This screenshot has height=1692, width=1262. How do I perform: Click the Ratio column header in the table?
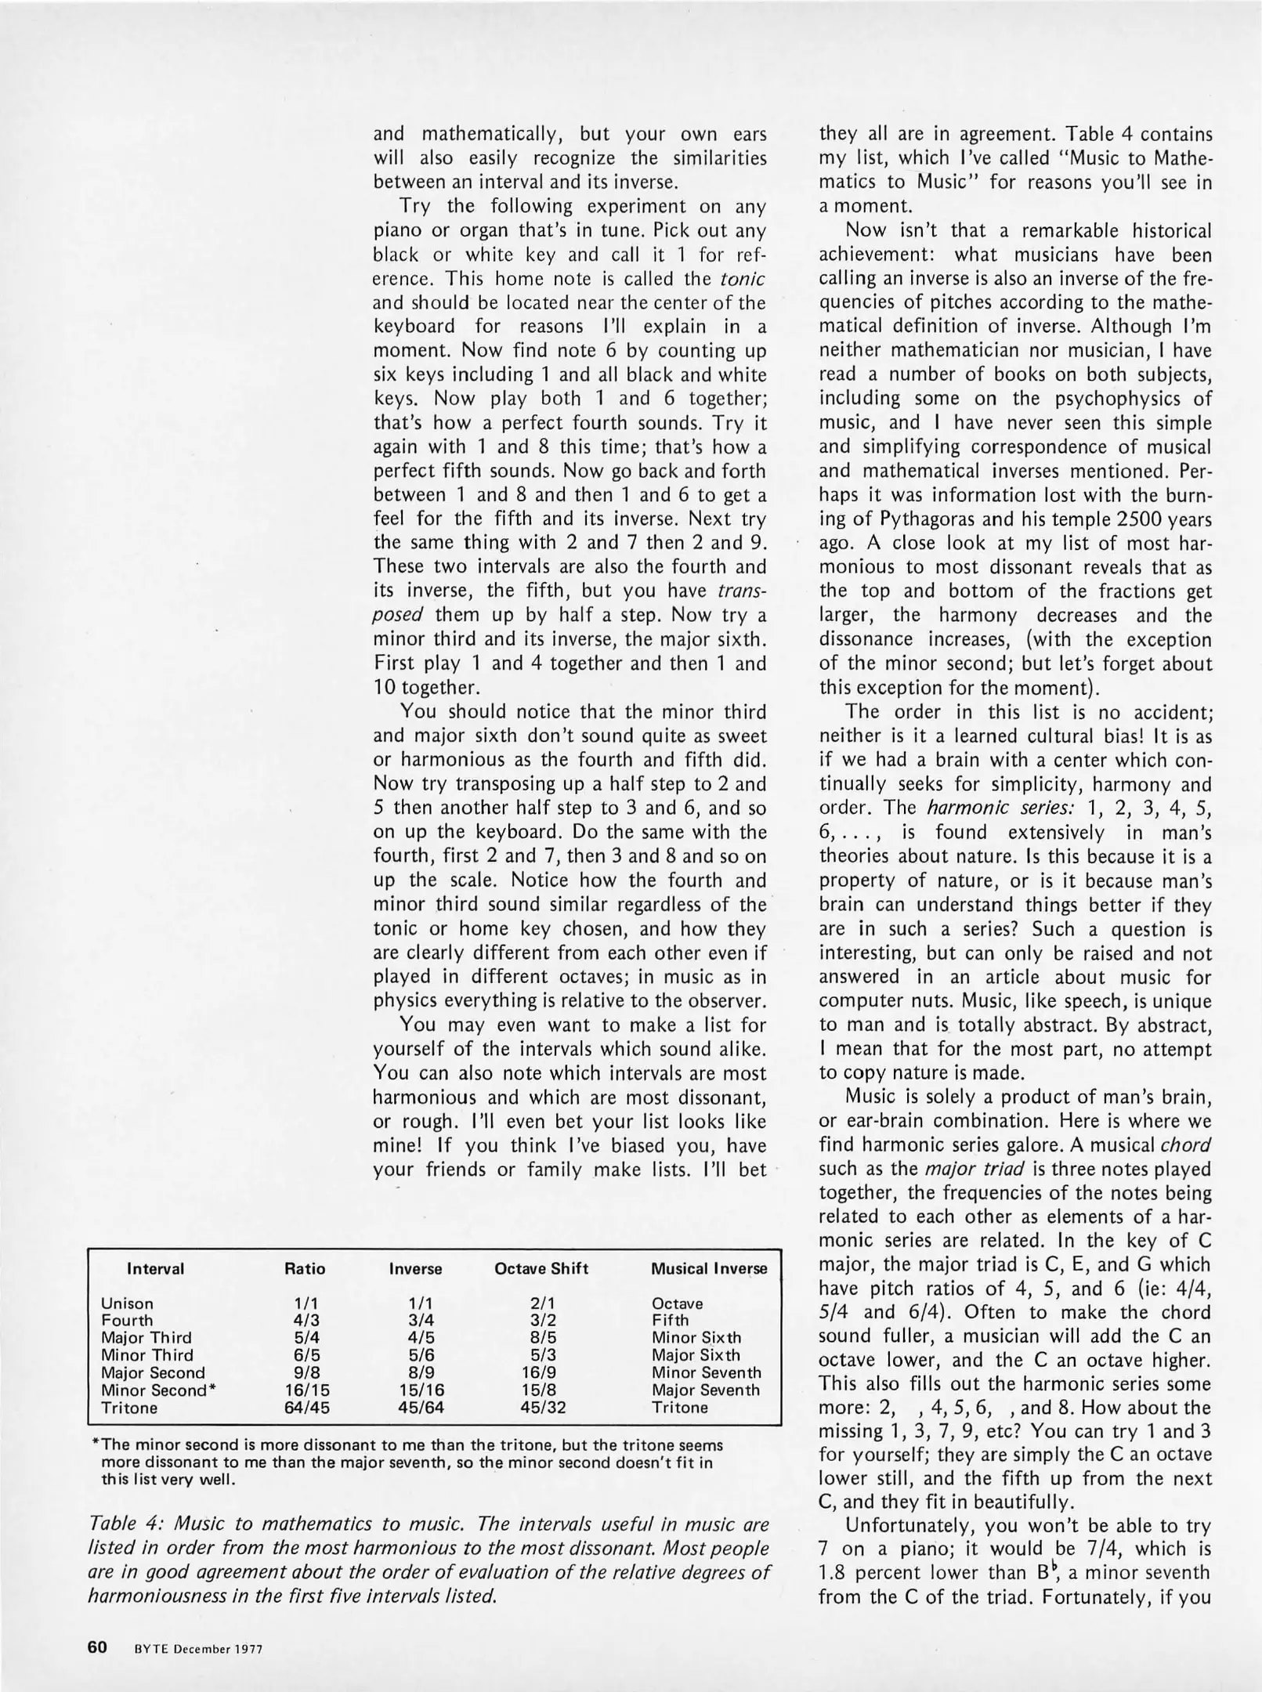304,1269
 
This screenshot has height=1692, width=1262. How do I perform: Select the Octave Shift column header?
541,1269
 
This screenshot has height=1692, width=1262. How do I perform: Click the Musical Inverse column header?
709,1269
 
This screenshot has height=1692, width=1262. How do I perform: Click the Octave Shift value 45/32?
543,1408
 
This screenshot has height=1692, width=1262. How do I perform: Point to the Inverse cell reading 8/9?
415,1373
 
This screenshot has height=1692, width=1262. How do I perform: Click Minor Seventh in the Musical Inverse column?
706,1373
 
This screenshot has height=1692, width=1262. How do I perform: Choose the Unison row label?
127,1303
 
